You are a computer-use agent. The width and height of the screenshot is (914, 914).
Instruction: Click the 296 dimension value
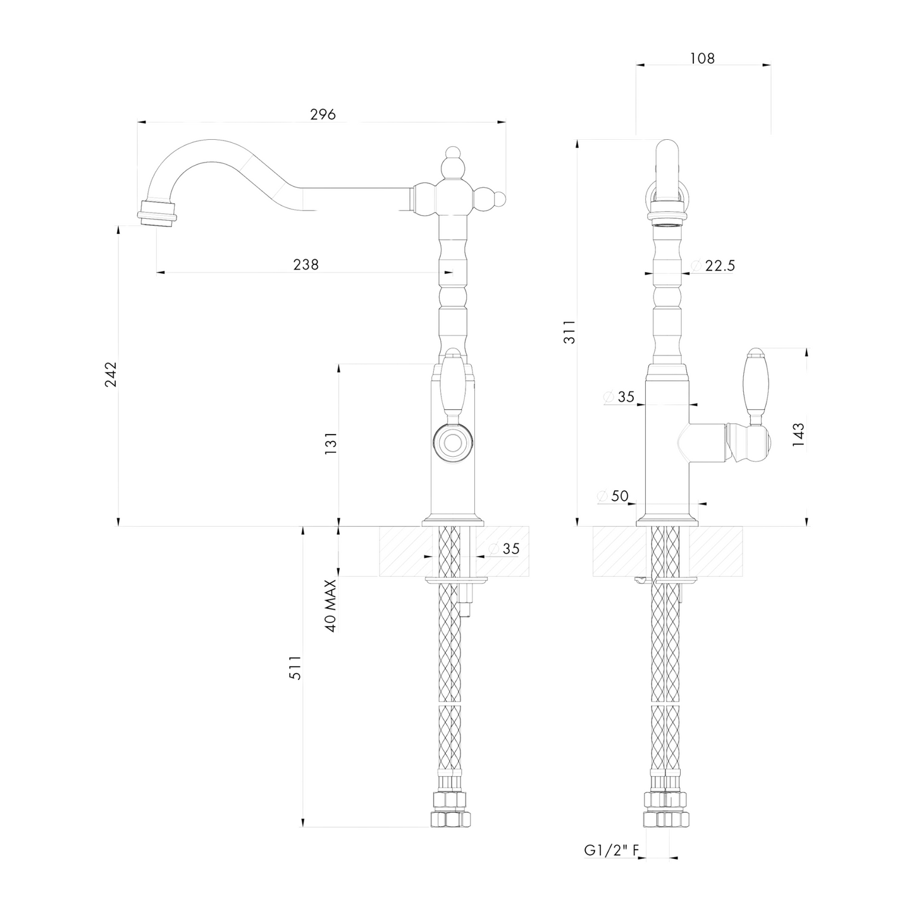323,114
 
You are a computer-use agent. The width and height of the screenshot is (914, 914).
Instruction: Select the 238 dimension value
306,264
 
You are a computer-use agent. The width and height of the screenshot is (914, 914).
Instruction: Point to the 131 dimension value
331,443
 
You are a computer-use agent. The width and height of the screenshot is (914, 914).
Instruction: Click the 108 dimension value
702,58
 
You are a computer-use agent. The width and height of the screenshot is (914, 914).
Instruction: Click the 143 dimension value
798,435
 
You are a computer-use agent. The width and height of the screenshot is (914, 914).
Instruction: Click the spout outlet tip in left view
156,211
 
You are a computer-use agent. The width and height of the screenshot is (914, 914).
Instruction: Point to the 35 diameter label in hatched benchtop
510,548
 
